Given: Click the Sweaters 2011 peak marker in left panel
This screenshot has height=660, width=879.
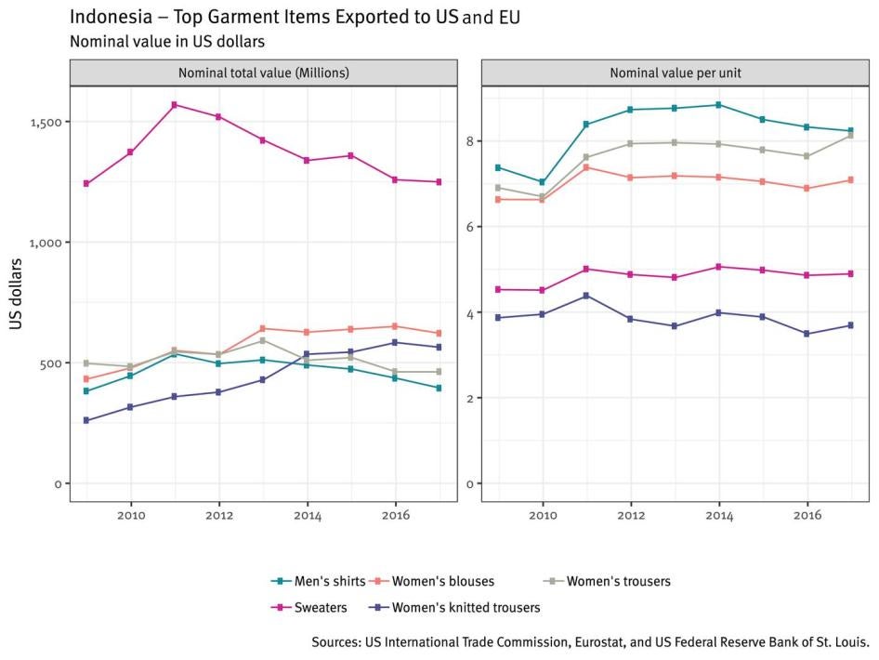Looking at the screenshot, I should tap(175, 104).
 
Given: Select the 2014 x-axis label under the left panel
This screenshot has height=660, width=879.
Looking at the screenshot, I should tap(308, 514).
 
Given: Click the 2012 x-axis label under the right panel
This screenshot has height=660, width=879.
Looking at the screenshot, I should tap(631, 514).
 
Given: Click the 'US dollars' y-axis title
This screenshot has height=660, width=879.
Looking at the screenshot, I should tap(17, 294).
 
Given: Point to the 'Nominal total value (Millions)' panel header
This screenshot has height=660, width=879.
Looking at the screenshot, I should tap(264, 73).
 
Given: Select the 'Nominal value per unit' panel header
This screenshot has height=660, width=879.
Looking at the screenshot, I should tap(676, 73).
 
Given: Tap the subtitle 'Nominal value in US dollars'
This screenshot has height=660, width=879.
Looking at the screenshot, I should tap(167, 42).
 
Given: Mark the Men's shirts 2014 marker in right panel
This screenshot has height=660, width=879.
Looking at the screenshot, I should tap(719, 105).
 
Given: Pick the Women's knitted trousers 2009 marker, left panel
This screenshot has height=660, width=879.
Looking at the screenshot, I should tap(86, 420).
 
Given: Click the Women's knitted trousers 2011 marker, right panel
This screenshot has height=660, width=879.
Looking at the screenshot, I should tap(586, 296).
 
